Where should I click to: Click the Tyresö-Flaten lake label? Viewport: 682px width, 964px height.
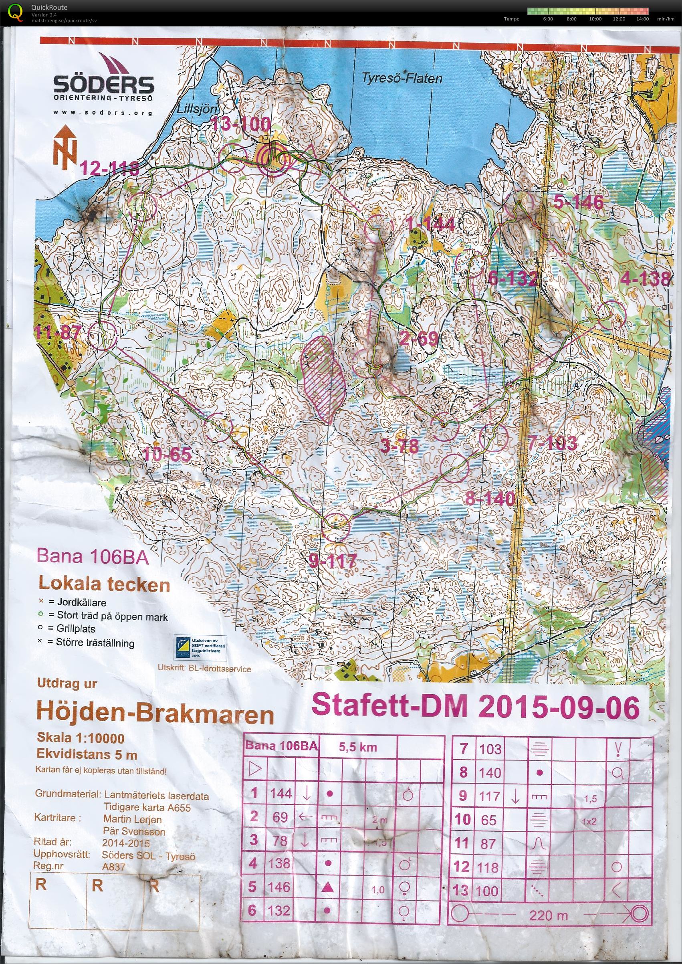[402, 78]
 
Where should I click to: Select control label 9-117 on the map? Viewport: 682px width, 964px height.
[333, 560]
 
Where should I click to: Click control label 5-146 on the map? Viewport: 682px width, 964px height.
[578, 202]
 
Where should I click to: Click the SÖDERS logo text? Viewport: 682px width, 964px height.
[103, 85]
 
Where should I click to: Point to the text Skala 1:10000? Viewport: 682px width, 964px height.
[81, 738]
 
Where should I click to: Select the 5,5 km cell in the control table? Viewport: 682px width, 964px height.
[358, 747]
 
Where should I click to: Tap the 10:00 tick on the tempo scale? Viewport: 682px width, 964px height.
[595, 19]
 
